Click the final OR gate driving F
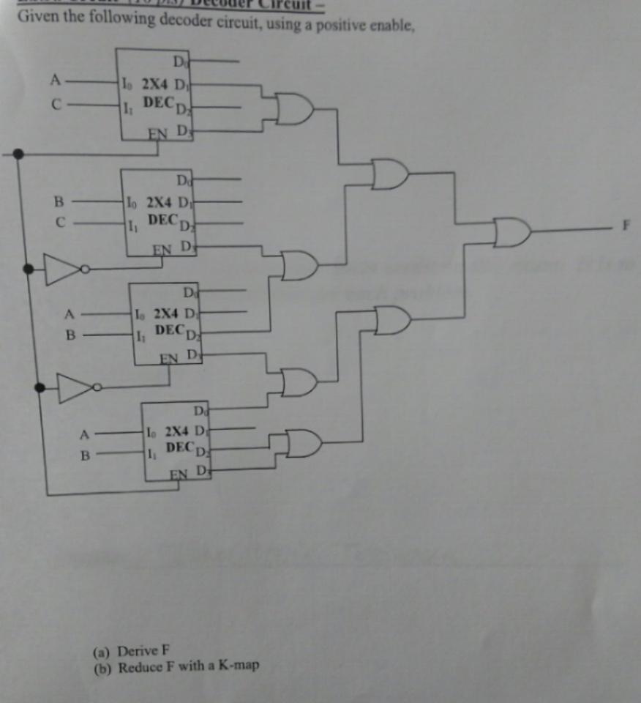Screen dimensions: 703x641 tap(511, 232)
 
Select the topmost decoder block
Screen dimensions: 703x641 tap(156, 93)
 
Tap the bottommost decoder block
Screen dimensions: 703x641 tap(175, 441)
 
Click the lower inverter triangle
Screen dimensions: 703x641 tap(75, 387)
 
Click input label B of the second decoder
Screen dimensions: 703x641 tap(60, 199)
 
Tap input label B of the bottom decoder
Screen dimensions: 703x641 tap(84, 455)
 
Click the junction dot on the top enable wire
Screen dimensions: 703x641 tap(18, 154)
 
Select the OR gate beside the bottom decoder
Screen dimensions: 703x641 tap(303, 442)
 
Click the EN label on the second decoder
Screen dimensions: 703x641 tap(161, 248)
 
